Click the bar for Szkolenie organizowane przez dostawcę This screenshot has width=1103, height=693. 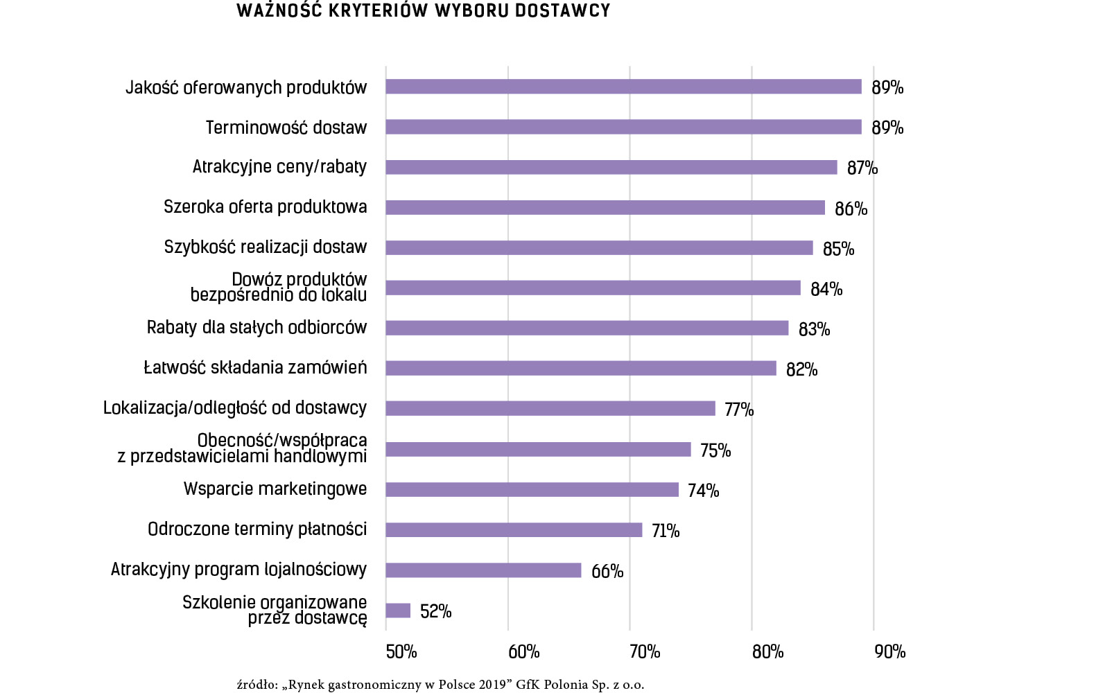[x=398, y=611]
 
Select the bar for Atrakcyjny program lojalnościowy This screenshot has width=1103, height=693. [x=483, y=570]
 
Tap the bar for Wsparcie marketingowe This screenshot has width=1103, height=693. [x=532, y=490]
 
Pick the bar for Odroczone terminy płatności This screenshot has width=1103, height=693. [x=514, y=530]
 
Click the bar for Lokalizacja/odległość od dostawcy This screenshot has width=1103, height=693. [x=550, y=409]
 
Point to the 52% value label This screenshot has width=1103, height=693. [x=435, y=611]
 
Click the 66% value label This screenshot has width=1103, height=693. [x=607, y=571]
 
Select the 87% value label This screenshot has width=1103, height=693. [x=862, y=168]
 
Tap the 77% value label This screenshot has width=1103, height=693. [x=739, y=410]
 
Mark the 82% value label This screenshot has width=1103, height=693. [x=801, y=369]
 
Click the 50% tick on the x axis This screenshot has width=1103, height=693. [x=401, y=651]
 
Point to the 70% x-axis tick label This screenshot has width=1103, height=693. [x=645, y=651]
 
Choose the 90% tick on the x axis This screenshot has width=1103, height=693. [x=889, y=651]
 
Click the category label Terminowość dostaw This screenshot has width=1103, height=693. [x=286, y=128]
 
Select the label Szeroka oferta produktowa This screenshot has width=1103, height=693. [x=266, y=207]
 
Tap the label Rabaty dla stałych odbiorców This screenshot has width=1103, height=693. [x=257, y=327]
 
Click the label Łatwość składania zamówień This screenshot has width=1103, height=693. [x=255, y=367]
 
